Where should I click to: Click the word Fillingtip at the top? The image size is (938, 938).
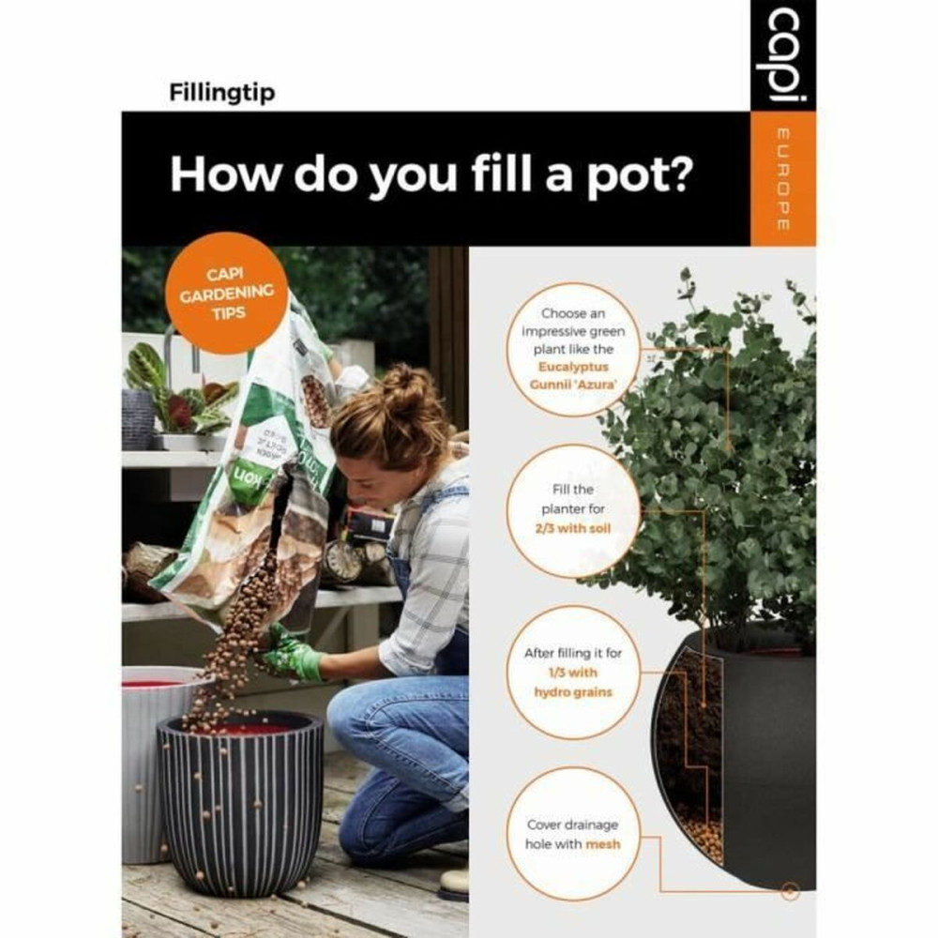click(222, 94)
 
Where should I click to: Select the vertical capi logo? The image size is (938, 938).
click(783, 56)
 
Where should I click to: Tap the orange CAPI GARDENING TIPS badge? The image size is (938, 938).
click(228, 293)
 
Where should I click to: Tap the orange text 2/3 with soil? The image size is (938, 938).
click(578, 529)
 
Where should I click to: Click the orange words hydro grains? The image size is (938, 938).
click(578, 691)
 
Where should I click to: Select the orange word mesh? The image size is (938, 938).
click(603, 844)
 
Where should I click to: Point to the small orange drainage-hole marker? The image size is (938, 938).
click(789, 890)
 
